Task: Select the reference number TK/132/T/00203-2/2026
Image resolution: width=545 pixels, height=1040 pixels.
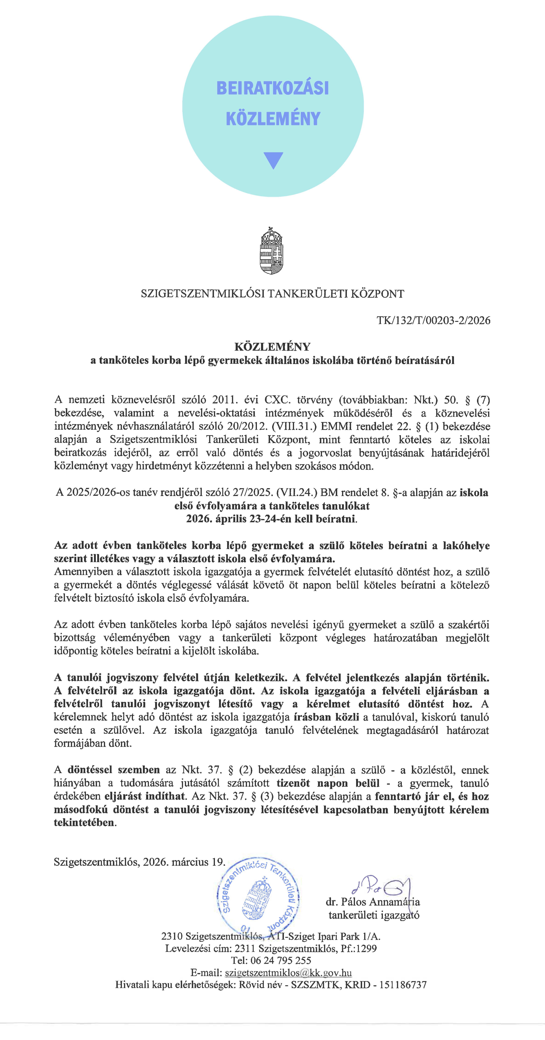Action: pyautogui.click(x=433, y=321)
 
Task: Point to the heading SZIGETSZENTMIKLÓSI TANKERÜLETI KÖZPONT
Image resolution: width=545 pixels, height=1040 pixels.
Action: pyautogui.click(x=272, y=293)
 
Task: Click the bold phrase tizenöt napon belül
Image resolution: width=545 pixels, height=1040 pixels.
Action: pyautogui.click(x=328, y=783)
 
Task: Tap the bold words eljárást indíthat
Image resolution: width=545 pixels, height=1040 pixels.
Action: pyautogui.click(x=145, y=797)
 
